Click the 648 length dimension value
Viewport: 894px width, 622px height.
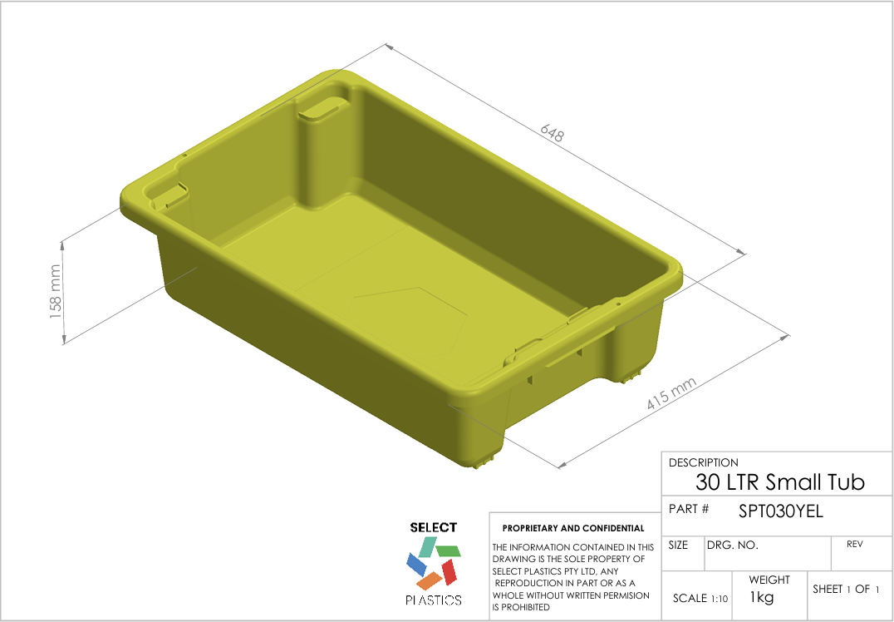tap(553, 133)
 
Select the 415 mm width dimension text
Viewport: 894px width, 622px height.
tap(670, 393)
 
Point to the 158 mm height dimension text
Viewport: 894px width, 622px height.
tap(56, 291)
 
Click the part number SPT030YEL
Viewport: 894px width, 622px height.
tap(780, 511)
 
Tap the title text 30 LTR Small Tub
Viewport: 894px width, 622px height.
tap(779, 482)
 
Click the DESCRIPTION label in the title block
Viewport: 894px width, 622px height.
tap(703, 462)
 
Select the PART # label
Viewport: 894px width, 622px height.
tap(689, 508)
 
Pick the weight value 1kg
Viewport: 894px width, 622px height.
tap(762, 597)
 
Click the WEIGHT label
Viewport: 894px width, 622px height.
tap(769, 580)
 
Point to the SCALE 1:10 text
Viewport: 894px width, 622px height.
tap(700, 598)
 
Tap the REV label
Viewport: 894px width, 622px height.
tap(854, 545)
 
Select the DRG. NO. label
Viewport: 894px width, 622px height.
tap(733, 545)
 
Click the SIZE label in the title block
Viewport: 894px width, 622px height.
tap(678, 545)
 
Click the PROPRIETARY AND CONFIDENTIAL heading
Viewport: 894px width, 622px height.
tap(573, 528)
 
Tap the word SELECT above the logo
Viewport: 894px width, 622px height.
tap(434, 527)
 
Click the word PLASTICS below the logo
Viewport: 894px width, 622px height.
tap(434, 600)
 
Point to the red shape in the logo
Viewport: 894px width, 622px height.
tap(449, 571)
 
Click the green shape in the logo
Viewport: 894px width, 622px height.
tap(449, 550)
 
